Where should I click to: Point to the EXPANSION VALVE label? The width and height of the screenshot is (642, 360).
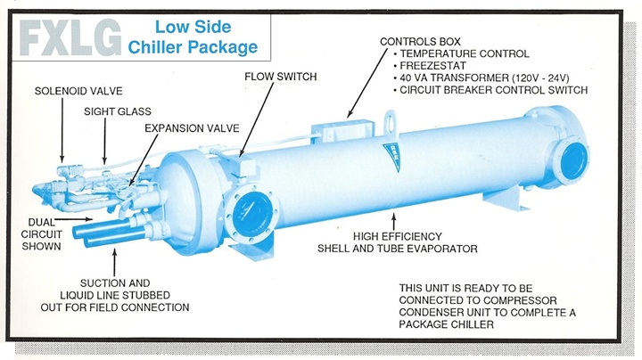(x=193, y=128)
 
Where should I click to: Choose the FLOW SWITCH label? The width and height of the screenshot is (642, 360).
(x=280, y=77)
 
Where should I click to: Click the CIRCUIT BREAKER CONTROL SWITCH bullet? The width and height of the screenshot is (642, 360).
(x=492, y=89)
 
